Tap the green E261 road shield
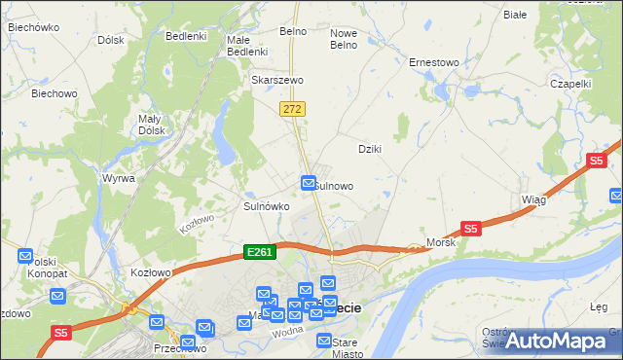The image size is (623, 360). [260, 252]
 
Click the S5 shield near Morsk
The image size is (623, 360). [471, 229]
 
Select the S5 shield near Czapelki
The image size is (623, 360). [597, 161]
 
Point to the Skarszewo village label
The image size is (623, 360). [277, 80]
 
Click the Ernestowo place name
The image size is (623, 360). [433, 62]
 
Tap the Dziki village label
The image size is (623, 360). [369, 149]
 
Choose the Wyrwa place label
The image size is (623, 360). [119, 179]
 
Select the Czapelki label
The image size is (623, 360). [570, 84]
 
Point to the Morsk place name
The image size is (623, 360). [441, 242]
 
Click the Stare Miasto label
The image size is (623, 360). [346, 347]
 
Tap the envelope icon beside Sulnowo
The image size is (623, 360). [309, 182]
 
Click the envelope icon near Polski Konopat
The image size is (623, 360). [25, 256]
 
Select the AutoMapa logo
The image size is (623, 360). [557, 341]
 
